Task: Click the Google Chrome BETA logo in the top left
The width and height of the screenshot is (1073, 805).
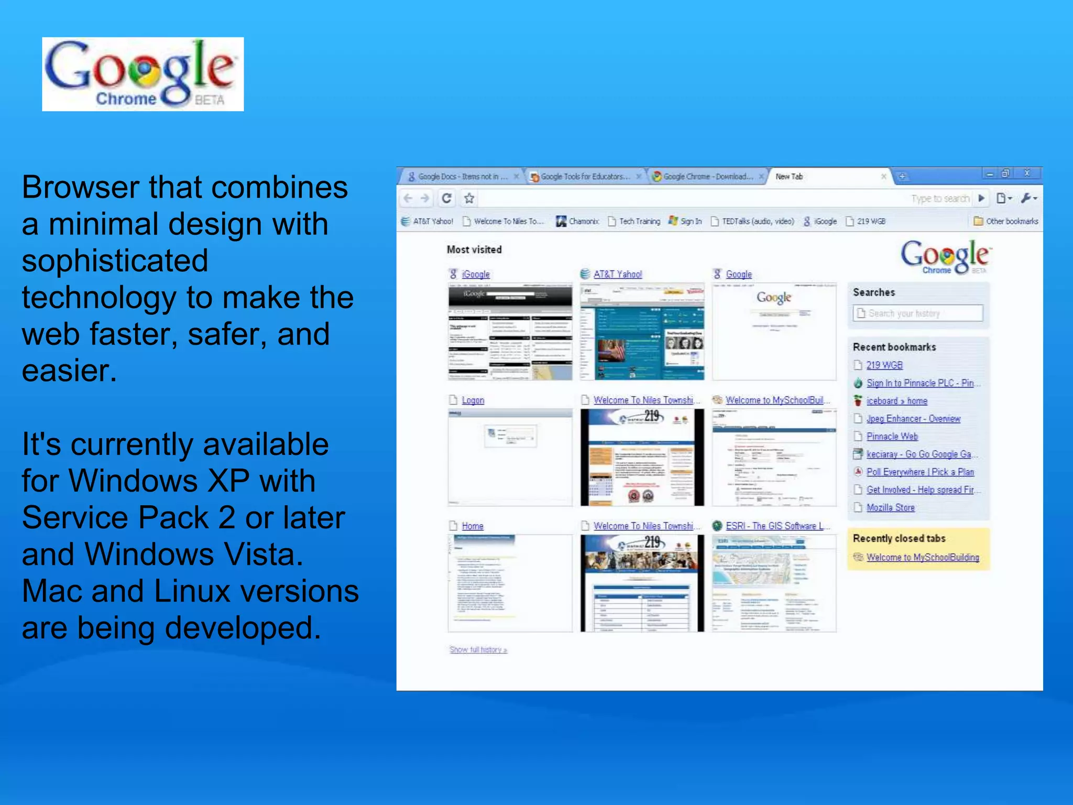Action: [x=143, y=74]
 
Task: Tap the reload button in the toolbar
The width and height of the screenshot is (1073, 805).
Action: [x=446, y=198]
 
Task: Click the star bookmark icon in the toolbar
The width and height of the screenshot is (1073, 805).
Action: [x=469, y=198]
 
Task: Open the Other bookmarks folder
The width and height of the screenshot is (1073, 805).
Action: [x=1006, y=221]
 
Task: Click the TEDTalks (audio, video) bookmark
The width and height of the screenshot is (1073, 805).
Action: [x=757, y=221]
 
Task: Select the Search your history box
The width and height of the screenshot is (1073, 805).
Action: [x=918, y=313]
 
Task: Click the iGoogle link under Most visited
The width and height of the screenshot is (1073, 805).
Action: [x=476, y=274]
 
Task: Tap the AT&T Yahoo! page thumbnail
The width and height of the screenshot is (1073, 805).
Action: [x=642, y=332]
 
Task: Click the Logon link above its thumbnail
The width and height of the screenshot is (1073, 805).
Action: [x=473, y=400]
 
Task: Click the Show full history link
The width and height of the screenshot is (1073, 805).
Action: [x=478, y=650]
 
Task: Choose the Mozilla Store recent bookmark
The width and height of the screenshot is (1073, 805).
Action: [x=890, y=507]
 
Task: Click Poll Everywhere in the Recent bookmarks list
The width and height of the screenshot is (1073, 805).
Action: [x=919, y=472]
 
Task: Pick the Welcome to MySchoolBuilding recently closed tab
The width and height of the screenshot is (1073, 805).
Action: [x=922, y=557]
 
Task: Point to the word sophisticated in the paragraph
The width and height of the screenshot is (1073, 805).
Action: [x=115, y=261]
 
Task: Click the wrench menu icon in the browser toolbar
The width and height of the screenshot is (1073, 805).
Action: [x=1027, y=198]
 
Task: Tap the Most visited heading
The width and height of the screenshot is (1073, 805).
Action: [x=474, y=249]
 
